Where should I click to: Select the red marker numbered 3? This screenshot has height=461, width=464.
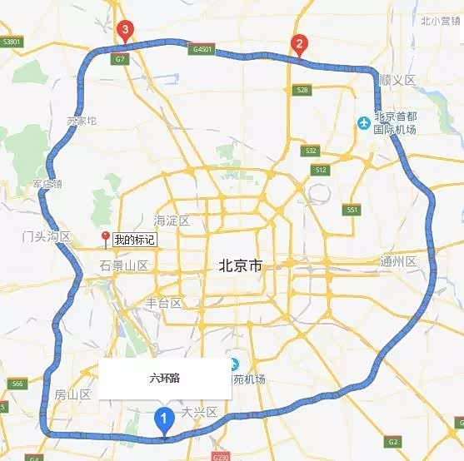(x=125, y=32)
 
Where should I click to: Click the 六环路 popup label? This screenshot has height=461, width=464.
(x=164, y=379)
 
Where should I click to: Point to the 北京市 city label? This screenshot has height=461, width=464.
(x=240, y=266)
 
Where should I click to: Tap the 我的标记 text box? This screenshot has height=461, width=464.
(x=135, y=240)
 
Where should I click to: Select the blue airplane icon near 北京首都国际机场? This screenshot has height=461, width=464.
(x=363, y=123)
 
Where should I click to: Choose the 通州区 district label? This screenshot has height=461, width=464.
(x=398, y=262)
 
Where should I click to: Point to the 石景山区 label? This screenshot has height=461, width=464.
(x=123, y=266)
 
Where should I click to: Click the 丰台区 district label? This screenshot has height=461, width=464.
(x=163, y=303)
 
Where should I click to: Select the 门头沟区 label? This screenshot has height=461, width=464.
(x=47, y=237)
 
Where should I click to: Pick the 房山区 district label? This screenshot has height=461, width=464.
(x=72, y=394)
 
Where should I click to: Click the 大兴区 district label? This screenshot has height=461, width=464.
(x=199, y=412)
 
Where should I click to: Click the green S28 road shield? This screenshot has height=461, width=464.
(x=302, y=90)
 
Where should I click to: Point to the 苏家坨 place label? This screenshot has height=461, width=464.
(x=82, y=121)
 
